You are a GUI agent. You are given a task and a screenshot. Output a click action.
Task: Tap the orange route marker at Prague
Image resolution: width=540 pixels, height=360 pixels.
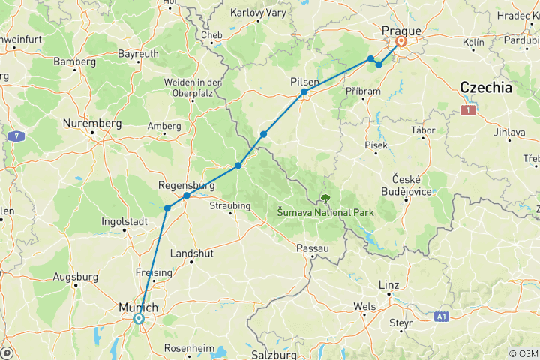point(401,42)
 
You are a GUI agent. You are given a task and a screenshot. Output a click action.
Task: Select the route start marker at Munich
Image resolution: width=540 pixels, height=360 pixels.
point(139,318)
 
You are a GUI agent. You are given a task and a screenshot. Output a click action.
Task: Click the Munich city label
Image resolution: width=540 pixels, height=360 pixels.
point(138,307)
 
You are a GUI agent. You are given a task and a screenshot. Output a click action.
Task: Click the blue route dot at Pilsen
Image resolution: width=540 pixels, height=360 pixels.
point(304,92)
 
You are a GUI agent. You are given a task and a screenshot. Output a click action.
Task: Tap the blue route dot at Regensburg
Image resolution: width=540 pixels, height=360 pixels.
point(187,196)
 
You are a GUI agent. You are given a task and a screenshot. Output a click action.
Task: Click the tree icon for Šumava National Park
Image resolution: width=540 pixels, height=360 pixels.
point(325,199)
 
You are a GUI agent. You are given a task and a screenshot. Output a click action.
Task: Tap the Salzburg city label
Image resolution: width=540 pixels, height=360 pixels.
point(269,352)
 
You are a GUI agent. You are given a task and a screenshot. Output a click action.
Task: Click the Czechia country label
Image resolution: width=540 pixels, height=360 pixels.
point(486,88)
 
